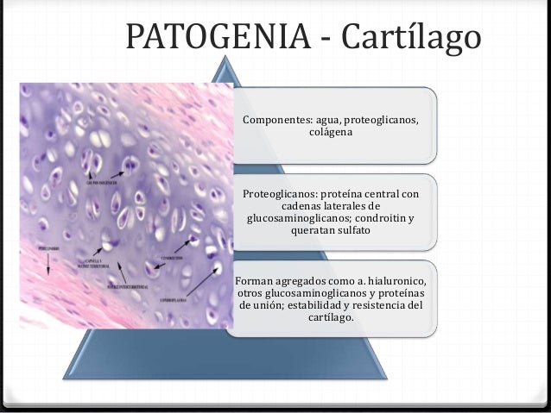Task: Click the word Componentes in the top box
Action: click(277, 119)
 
